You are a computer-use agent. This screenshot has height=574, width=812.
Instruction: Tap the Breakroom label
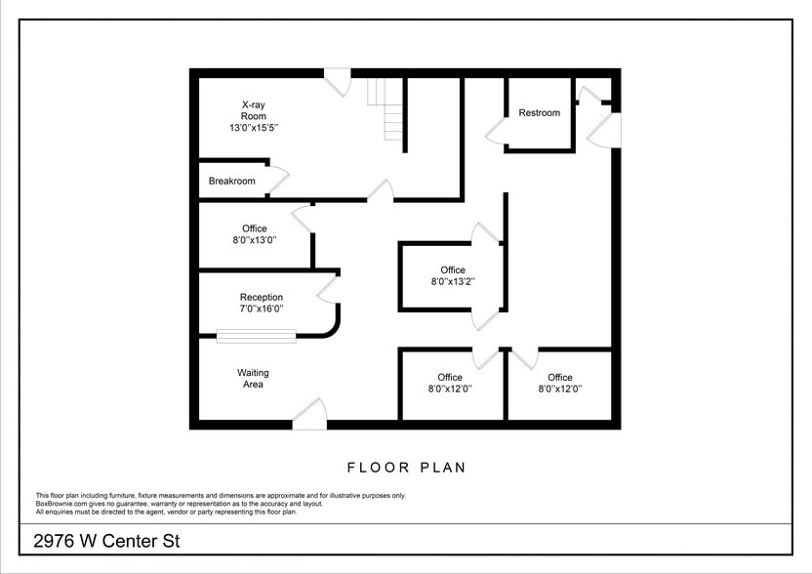(231, 182)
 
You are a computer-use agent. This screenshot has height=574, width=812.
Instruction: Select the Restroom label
(539, 113)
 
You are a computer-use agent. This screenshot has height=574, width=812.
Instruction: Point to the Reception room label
(262, 298)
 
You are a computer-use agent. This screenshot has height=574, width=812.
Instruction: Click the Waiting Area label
(253, 379)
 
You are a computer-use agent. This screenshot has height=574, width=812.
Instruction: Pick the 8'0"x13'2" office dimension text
(452, 282)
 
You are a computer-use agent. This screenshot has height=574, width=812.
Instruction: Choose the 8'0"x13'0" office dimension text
(254, 240)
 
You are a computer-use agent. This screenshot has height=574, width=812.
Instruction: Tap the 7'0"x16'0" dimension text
(262, 309)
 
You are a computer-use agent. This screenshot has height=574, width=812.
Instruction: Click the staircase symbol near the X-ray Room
(385, 109)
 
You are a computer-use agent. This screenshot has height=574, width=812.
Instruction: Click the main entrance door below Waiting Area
(310, 414)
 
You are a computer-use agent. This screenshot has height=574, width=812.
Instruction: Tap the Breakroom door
(279, 179)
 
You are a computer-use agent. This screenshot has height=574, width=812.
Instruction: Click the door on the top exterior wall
(338, 81)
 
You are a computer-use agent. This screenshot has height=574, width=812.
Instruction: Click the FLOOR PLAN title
(406, 468)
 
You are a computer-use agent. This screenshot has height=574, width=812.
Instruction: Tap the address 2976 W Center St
(93, 541)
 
